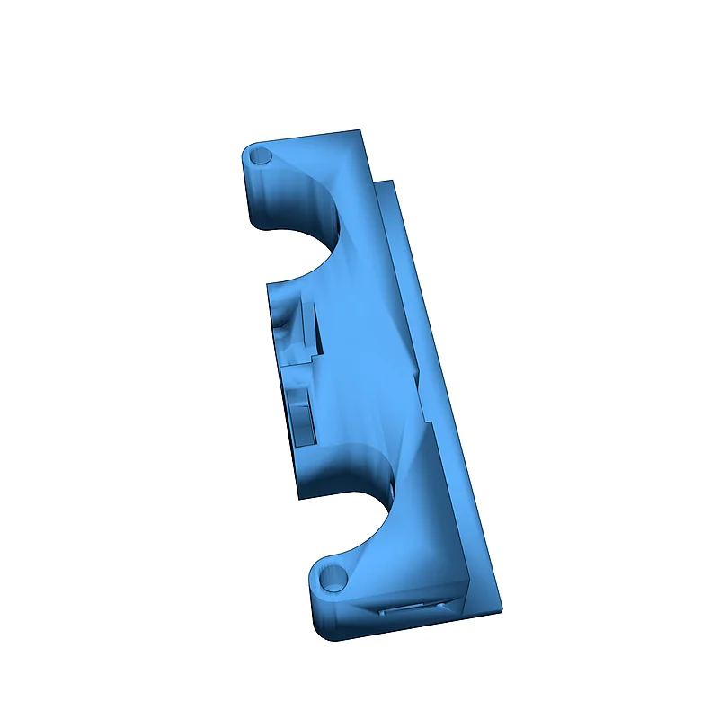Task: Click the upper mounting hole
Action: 262,156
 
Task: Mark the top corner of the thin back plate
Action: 394,182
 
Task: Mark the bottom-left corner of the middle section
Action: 299,496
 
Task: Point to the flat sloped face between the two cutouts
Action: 368,359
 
